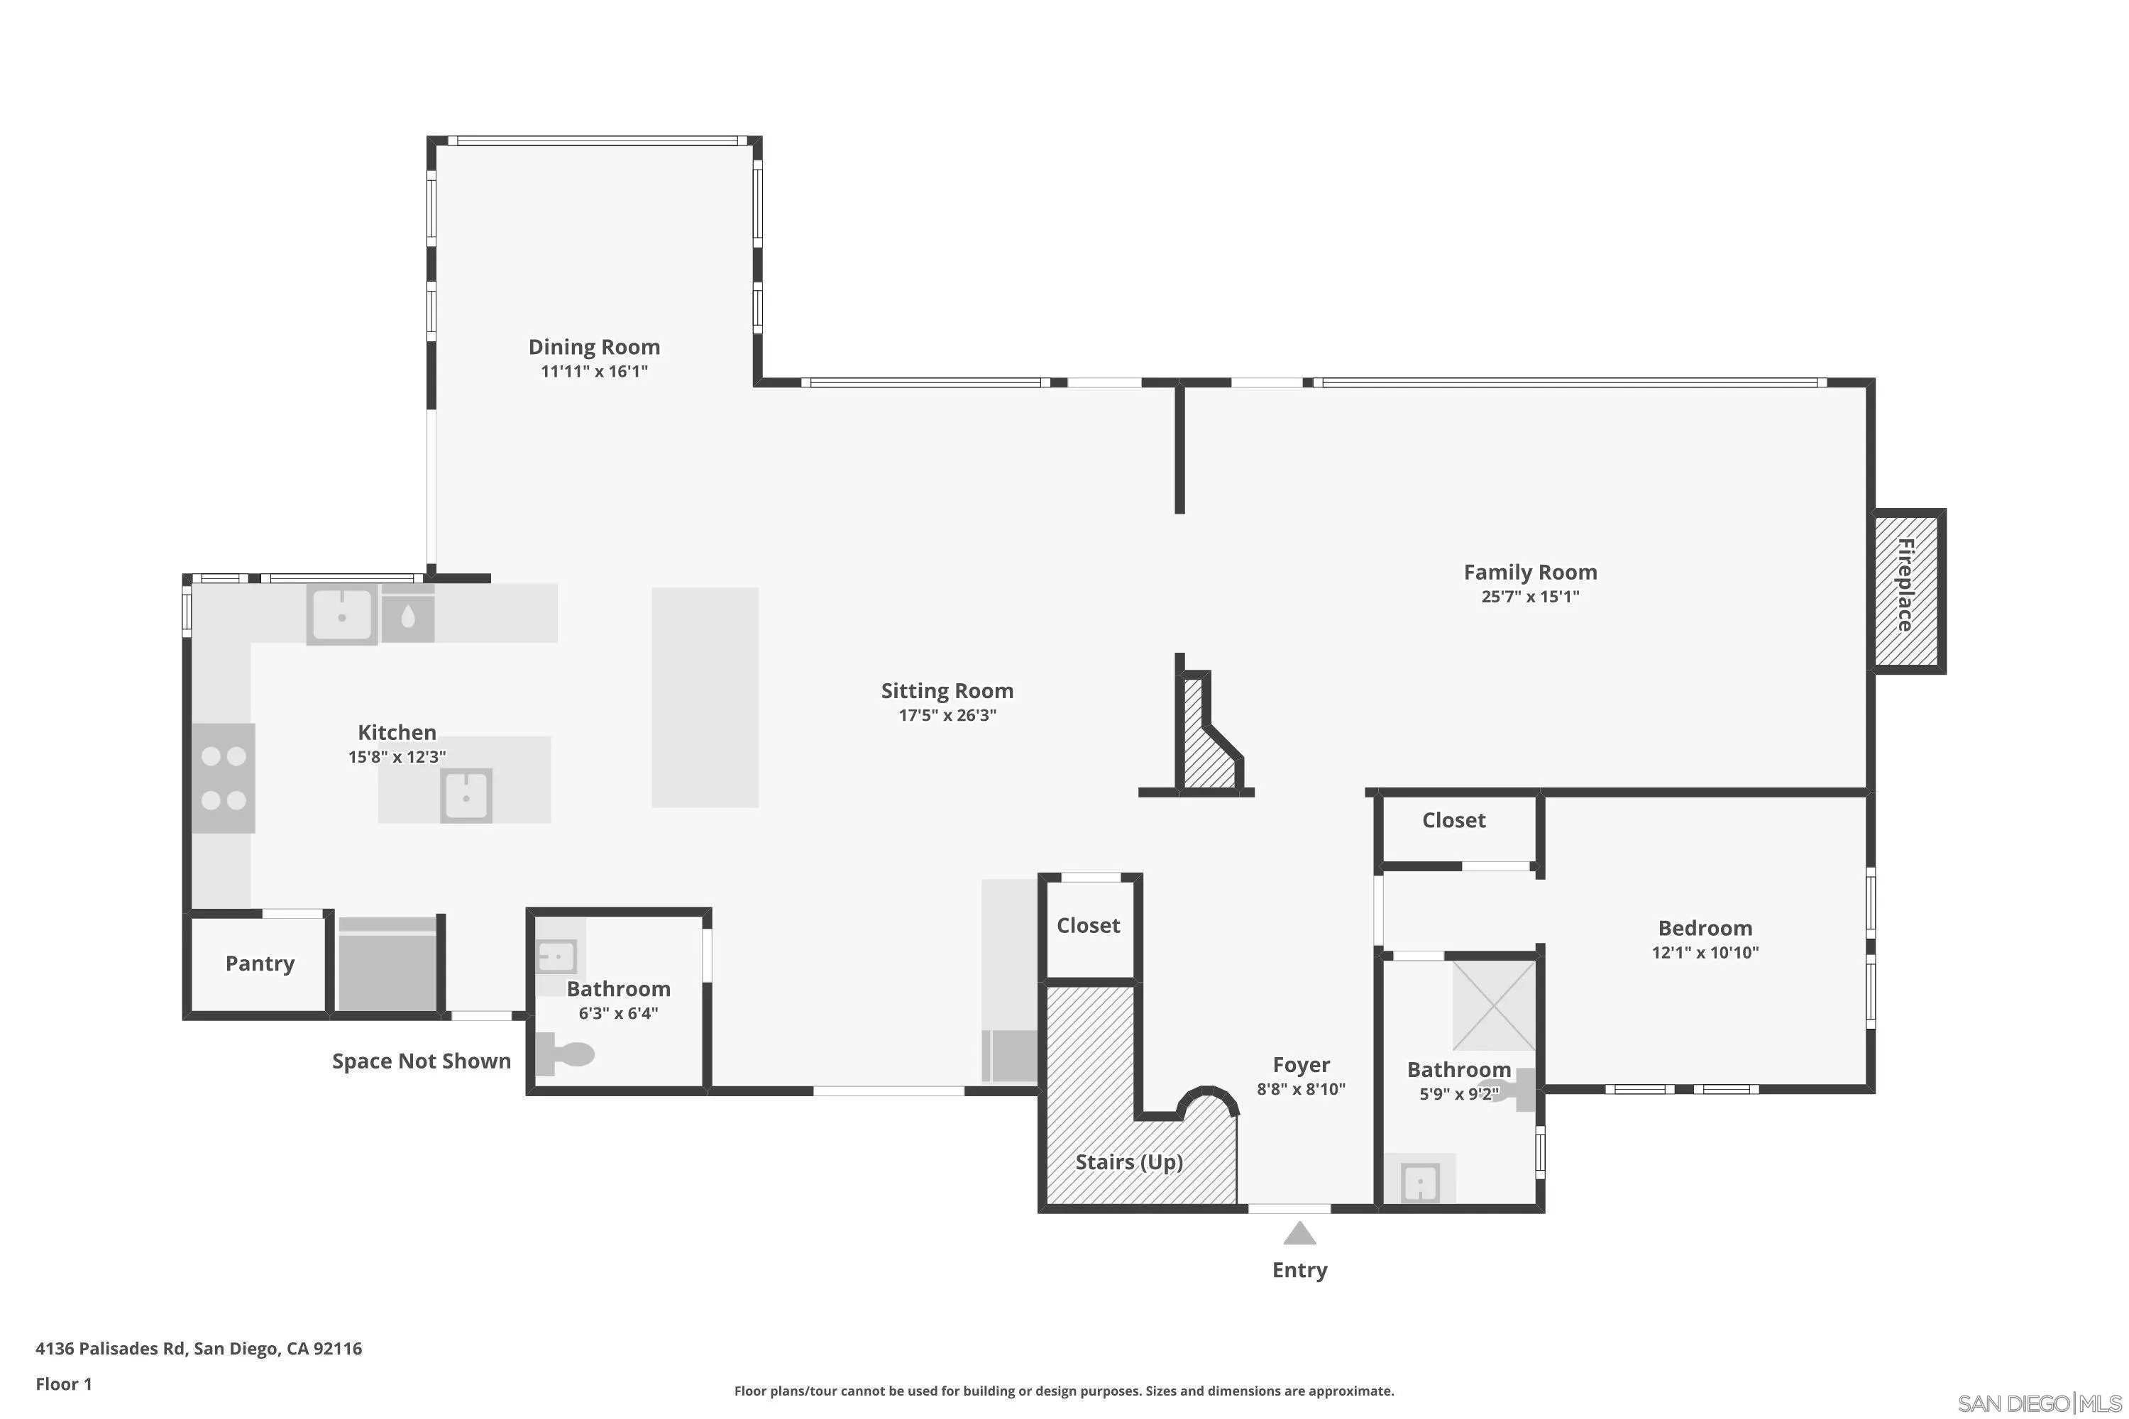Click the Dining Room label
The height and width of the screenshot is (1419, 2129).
point(594,347)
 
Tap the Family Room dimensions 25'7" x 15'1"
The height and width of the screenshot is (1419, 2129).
point(1530,597)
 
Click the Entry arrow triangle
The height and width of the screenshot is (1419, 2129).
point(1299,1234)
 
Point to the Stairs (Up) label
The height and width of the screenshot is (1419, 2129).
point(1129,1162)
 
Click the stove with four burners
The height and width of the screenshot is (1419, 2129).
point(224,778)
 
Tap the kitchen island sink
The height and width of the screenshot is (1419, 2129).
point(466,796)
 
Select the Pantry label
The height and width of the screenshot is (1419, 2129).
point(260,963)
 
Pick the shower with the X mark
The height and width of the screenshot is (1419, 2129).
point(1494,1005)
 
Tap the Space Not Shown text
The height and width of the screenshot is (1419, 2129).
point(421,1061)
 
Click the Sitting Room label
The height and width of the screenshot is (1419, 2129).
point(947,690)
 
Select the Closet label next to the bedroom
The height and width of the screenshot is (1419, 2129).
point(1453,820)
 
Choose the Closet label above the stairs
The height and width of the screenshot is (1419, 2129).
point(1088,925)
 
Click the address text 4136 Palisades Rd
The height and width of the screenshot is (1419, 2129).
point(198,1349)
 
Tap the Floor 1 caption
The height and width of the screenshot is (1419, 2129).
point(63,1384)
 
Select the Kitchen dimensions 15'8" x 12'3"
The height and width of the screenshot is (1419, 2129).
point(397,756)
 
